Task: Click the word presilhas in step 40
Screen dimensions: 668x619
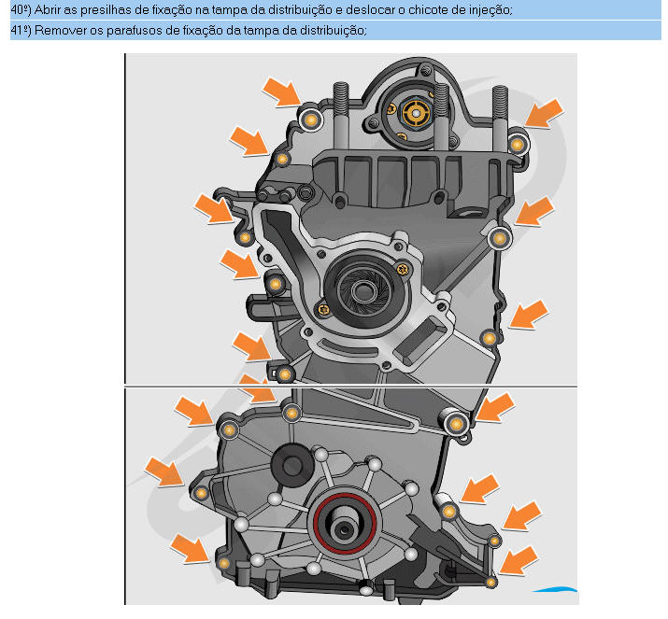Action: [102, 9]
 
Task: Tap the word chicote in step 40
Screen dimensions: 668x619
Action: [428, 9]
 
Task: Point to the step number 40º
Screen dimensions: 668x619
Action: [21, 9]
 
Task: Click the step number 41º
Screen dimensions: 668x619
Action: [21, 31]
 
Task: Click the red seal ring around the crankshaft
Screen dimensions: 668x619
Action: [345, 524]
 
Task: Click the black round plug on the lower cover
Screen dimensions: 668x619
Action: [291, 465]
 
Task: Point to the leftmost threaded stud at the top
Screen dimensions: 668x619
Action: [341, 114]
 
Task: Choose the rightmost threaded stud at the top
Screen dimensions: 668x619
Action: [500, 115]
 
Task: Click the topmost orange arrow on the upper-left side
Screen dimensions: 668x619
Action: [282, 91]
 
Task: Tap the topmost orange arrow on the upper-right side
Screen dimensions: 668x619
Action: [544, 113]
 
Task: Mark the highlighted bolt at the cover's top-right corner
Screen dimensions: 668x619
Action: [518, 145]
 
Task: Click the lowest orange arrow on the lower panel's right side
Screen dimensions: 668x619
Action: [518, 560]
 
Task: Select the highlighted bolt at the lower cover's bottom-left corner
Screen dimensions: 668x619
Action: [223, 564]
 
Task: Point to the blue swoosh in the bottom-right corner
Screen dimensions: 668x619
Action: [555, 590]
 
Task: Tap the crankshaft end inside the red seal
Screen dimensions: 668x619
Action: [343, 528]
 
